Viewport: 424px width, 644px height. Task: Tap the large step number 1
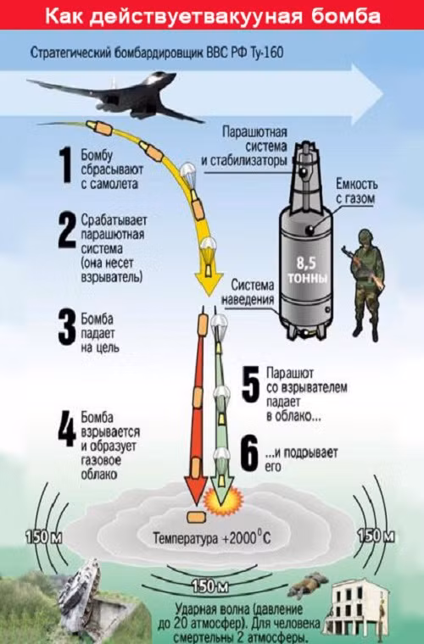coord(65,164)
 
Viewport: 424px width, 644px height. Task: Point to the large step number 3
coord(66,328)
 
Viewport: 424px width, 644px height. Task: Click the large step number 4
coord(66,432)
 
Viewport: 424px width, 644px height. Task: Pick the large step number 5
coord(251,385)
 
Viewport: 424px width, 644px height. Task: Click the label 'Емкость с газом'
coord(356,191)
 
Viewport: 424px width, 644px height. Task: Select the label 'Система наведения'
coord(248,292)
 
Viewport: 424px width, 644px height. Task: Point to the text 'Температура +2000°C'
coord(212,537)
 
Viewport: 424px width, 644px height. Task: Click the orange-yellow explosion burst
coord(223,500)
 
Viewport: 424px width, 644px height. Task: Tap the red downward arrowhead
coord(195,489)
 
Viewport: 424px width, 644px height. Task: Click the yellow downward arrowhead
coord(209,283)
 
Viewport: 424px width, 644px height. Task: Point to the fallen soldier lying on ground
coord(307,585)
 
